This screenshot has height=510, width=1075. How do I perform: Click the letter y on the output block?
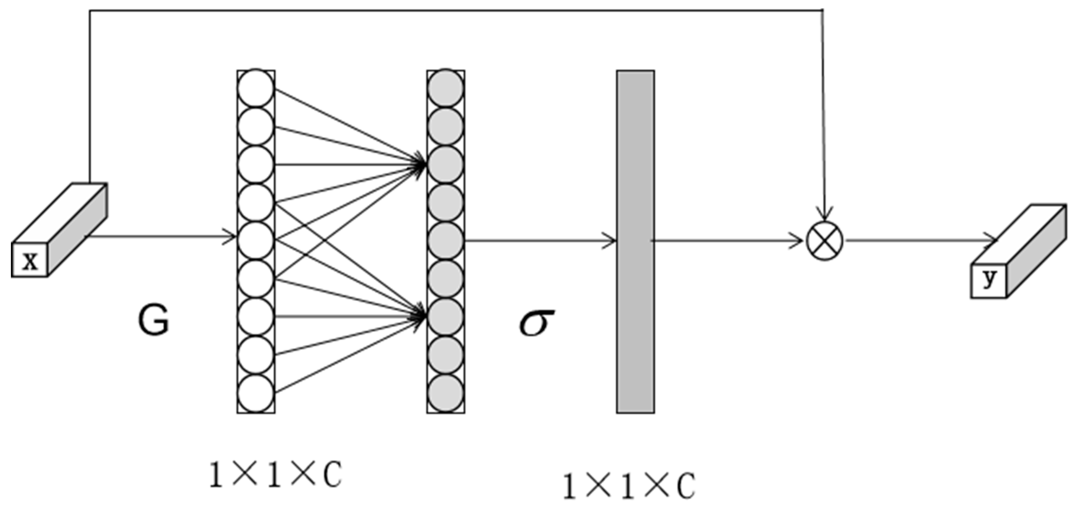tap(989, 279)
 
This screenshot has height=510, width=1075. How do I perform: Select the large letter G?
tap(154, 320)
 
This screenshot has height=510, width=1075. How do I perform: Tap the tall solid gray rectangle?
tap(635, 242)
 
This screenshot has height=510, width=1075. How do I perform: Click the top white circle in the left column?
tap(256, 88)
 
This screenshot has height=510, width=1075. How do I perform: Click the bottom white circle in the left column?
tap(256, 393)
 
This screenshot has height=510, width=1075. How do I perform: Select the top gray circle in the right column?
tap(446, 88)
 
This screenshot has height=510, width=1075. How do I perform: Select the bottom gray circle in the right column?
tap(446, 393)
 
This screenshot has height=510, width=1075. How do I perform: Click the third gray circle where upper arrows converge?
tap(446, 164)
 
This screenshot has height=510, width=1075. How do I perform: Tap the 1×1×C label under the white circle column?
tap(275, 475)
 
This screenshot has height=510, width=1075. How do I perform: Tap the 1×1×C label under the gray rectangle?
tap(629, 487)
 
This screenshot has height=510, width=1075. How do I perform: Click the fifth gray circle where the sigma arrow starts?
tap(446, 241)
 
